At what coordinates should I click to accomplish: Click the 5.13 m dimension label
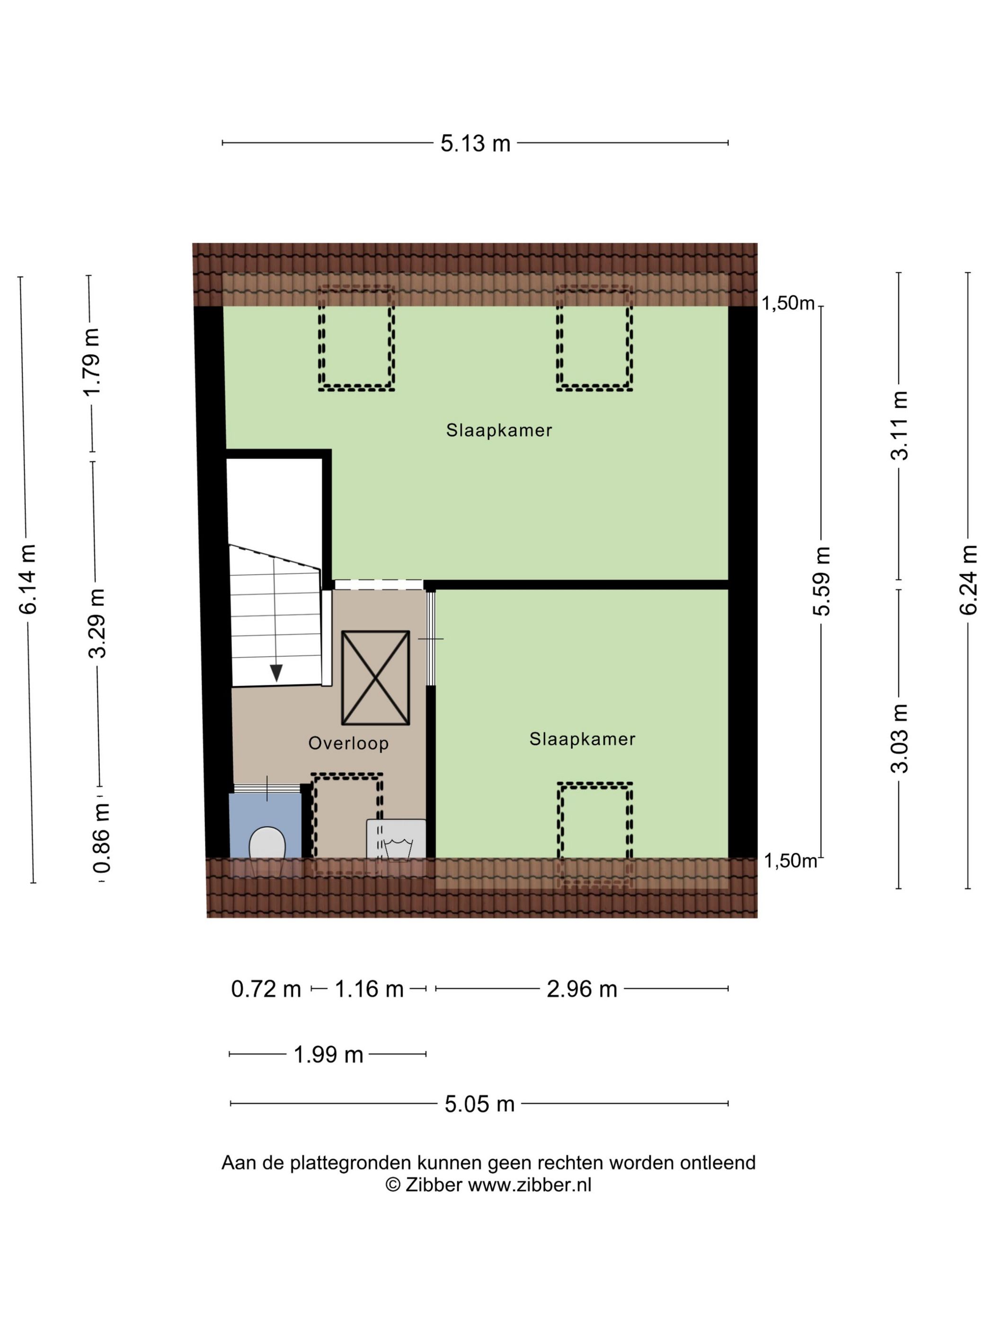[475, 143]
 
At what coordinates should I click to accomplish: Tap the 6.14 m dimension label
[28, 579]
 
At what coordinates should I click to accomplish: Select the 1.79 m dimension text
[92, 362]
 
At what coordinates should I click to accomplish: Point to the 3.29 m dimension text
[97, 623]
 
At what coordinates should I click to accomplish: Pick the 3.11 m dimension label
[899, 425]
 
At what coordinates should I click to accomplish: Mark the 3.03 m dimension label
[899, 738]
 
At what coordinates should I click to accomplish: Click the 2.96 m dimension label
[582, 989]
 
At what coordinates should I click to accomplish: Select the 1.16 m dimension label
[369, 989]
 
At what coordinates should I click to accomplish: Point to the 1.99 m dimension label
[328, 1055]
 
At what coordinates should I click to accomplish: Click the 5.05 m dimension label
[479, 1103]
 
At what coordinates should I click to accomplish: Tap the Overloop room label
[349, 744]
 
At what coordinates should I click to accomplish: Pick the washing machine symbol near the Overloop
[396, 840]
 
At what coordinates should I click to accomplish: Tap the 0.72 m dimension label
[266, 989]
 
